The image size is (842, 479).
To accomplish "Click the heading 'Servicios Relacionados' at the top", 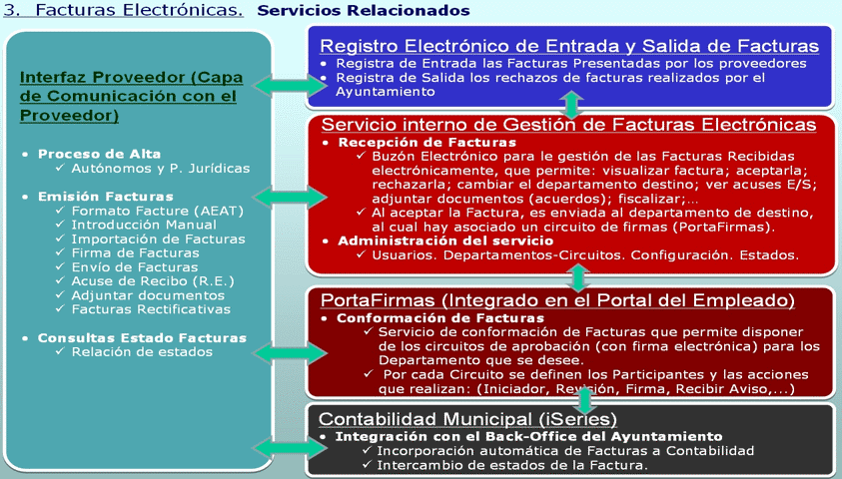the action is pos(363,10).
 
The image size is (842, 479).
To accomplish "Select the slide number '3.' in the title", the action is pos(12,10).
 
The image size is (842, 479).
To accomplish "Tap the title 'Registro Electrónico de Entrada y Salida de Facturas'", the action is pos(569,46).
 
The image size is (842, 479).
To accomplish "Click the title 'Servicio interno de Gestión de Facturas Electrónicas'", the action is pos(568,125).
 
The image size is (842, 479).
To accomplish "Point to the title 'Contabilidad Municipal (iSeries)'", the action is pos(467,419).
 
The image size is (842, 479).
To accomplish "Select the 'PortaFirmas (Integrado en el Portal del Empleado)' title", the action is pos(557,300).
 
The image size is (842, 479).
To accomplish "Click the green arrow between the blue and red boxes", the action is pos(571,104).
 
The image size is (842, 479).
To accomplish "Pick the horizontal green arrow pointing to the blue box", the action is pos(290,86).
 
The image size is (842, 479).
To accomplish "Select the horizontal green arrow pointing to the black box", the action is pos(290,448).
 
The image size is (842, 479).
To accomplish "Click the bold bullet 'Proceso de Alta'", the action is pos(99,154).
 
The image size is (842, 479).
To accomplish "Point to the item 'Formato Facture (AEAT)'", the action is pos(158,211).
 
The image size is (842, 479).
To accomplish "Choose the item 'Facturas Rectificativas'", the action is pos(151,309).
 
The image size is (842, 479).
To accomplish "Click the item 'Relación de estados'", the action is pos(142,352).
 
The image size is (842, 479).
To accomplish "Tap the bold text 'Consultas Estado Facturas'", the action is pos(142,338).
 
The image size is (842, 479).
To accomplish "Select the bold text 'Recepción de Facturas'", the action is pos(426,142).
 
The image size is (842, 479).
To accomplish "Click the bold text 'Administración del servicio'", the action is pos(445,240).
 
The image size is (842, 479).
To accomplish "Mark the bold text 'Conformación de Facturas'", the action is pos(440,318).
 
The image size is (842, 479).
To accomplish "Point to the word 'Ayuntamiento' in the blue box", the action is pos(385,92).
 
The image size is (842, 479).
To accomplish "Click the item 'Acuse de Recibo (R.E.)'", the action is pos(153,281).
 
